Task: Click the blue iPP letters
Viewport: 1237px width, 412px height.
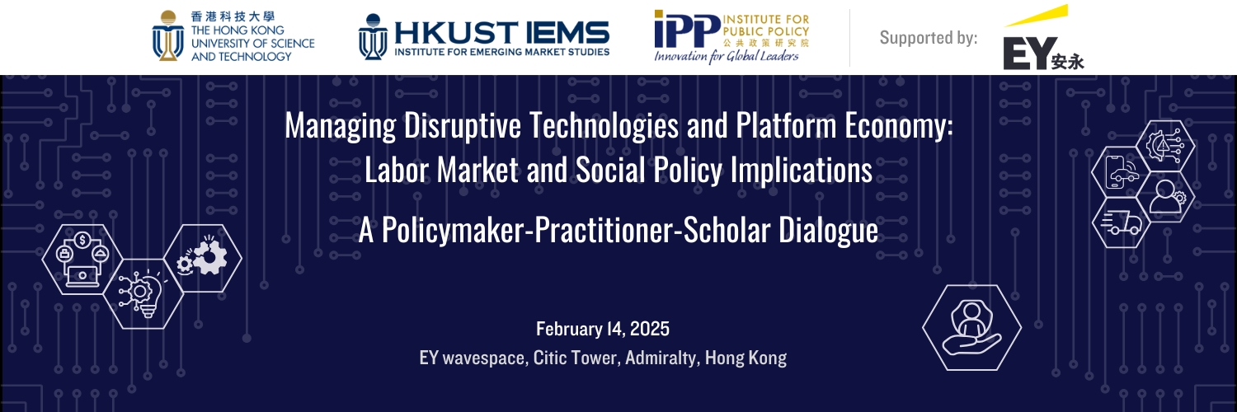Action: [x=687, y=29]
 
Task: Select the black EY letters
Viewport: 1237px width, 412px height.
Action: [x=1031, y=54]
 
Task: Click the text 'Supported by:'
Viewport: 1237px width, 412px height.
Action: [x=929, y=38]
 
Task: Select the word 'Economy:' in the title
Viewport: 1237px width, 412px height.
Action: [x=899, y=125]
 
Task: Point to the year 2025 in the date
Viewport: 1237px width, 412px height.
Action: [x=650, y=329]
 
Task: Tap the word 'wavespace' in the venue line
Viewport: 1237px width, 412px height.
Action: [x=483, y=358]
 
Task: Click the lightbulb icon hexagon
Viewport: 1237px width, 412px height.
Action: [x=143, y=294]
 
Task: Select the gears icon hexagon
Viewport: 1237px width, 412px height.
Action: [x=203, y=258]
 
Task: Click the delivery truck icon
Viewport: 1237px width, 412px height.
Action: [x=1121, y=222]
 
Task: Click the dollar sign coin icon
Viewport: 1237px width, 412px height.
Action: [x=82, y=240]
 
